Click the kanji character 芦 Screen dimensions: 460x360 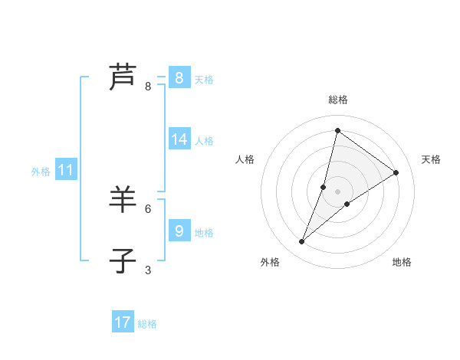click(x=123, y=77)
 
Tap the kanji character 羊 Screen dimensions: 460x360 click(x=123, y=201)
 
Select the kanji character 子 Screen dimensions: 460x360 click(x=123, y=261)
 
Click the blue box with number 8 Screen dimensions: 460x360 click(x=179, y=78)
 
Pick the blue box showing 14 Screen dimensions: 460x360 click(x=179, y=139)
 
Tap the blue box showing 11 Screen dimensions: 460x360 click(x=65, y=171)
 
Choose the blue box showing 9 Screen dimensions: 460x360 click(x=179, y=231)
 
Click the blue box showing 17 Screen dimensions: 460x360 click(x=123, y=322)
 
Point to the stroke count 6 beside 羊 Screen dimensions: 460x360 click(x=148, y=208)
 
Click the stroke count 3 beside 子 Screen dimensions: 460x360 click(x=148, y=270)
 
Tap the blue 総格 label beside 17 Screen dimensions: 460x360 click(x=147, y=324)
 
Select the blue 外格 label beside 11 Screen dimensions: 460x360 click(x=41, y=172)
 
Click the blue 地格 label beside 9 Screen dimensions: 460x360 click(x=204, y=232)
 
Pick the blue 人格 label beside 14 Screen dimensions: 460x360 click(x=204, y=140)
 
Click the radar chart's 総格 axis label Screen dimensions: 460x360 click(x=337, y=100)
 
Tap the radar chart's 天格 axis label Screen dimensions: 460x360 click(x=431, y=159)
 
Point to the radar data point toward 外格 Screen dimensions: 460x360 click(x=302, y=242)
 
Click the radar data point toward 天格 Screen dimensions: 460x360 click(x=396, y=172)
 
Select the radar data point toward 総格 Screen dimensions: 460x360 click(x=337, y=130)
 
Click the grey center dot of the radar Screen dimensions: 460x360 click(x=337, y=191)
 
